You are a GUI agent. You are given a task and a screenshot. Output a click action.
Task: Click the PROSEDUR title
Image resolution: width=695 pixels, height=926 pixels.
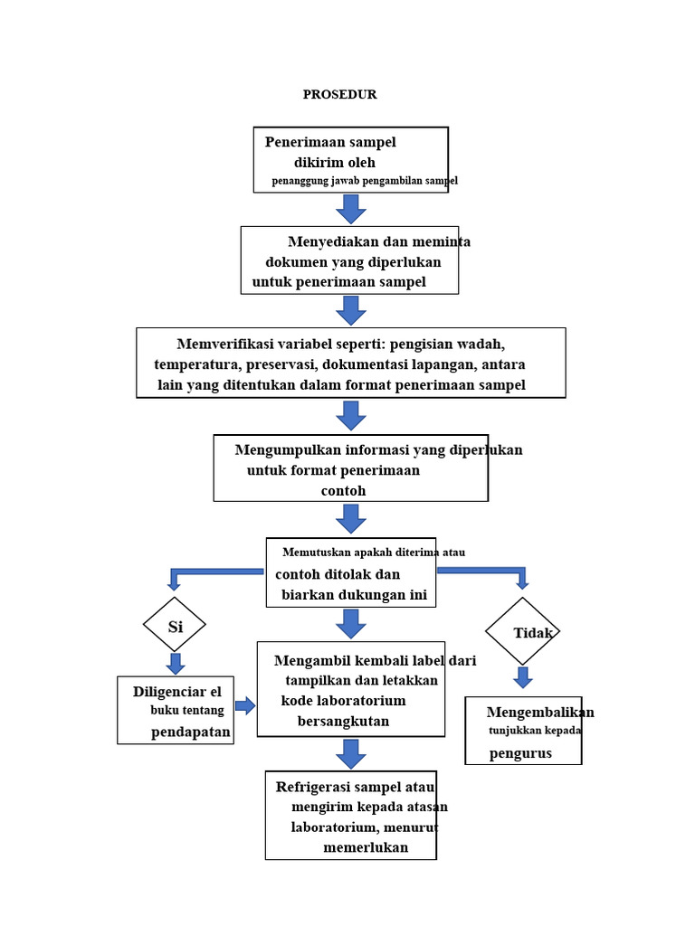point(340,94)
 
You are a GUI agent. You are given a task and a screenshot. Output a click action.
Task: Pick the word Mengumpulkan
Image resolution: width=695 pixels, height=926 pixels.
point(288,450)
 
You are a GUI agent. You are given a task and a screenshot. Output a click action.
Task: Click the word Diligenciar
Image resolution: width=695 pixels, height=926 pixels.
point(170,692)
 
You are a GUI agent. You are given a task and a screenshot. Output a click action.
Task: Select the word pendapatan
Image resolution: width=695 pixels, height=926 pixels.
point(190,732)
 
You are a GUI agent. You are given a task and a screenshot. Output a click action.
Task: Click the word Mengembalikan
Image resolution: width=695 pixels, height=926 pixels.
point(540,713)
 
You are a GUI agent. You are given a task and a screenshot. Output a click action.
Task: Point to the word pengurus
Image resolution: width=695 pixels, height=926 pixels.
point(520,753)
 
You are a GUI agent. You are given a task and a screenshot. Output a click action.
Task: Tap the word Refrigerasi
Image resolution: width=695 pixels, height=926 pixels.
point(312,788)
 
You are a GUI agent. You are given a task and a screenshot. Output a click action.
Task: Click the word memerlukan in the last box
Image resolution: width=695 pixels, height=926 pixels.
point(366,847)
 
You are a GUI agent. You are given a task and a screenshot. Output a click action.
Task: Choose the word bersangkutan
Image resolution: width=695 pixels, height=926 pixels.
point(343,721)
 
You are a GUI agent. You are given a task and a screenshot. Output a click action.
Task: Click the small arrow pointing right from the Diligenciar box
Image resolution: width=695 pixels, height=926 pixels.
point(245,705)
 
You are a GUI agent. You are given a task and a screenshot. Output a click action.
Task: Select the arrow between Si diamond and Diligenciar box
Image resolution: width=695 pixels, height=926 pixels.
point(175,663)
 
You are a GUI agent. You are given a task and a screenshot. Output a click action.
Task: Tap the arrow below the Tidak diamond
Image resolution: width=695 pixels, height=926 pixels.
point(523,677)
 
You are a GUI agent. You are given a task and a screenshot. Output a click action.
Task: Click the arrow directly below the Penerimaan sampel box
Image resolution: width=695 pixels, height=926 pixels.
point(351,209)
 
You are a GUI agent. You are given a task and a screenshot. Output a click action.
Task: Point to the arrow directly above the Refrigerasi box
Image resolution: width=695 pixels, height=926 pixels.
point(351,753)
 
